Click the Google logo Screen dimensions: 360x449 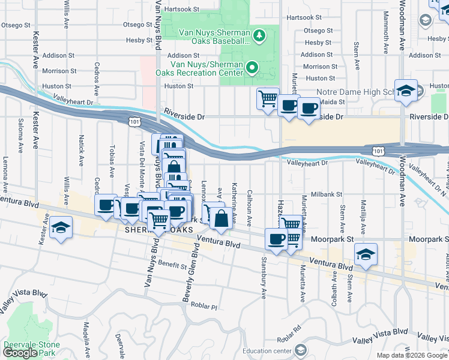click(20, 353)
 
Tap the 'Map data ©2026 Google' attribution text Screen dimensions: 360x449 click(412, 355)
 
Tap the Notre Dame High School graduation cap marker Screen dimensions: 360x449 click(406, 91)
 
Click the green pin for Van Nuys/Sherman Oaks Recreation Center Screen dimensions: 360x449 click(253, 68)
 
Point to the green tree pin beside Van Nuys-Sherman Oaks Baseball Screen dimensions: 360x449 click(259, 37)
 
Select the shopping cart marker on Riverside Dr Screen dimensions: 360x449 click(267, 98)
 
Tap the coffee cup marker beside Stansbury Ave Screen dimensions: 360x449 click(276, 238)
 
